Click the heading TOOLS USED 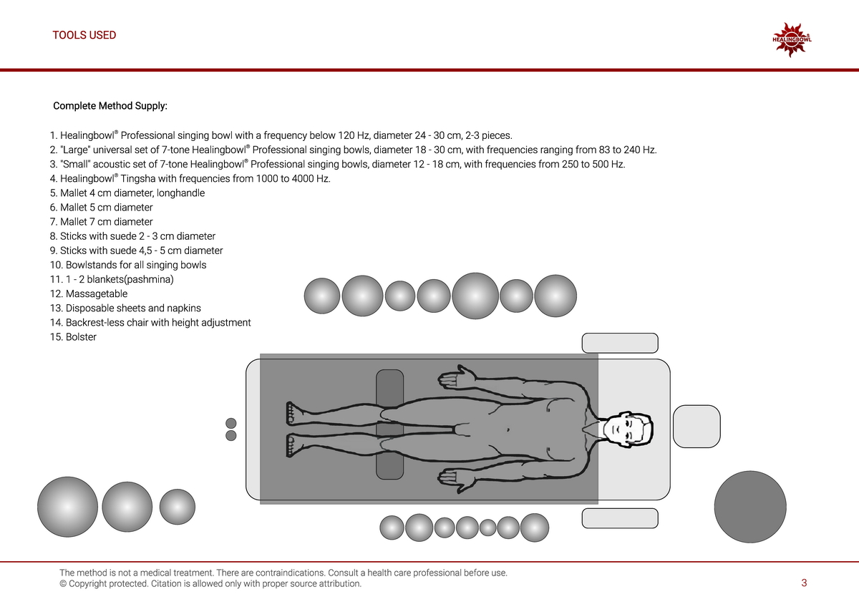(84, 35)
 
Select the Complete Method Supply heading (110, 106)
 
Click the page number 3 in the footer (804, 583)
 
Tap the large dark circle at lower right (750, 506)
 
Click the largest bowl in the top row (475, 296)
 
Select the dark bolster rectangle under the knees (390, 424)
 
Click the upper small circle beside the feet (231, 422)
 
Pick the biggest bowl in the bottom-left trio (67, 507)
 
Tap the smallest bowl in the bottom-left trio (177, 507)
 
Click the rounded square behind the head (697, 427)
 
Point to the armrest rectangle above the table (619, 343)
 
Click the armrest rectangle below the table (619, 518)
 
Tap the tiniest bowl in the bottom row (487, 528)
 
